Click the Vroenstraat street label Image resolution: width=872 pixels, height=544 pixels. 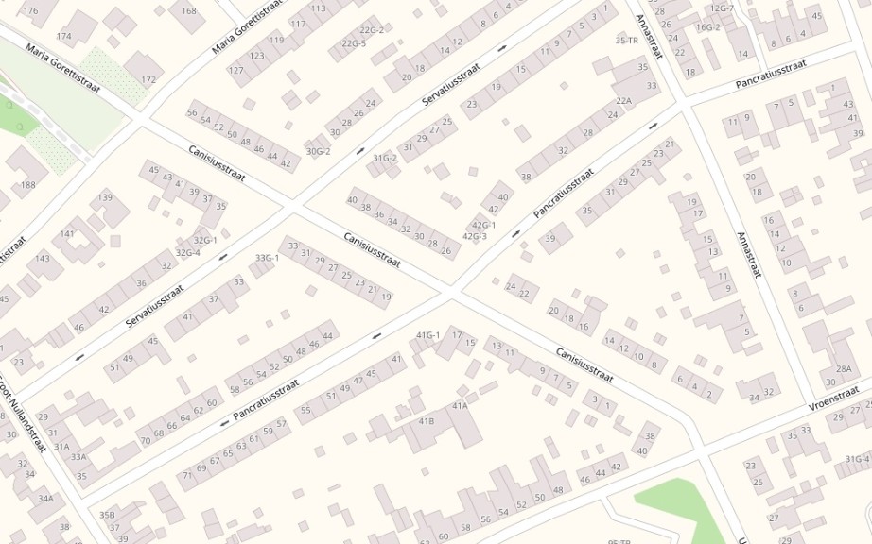pyautogui.click(x=838, y=397)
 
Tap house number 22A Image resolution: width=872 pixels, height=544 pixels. pyautogui.click(x=623, y=101)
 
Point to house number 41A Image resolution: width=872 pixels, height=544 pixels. pyautogui.click(x=460, y=406)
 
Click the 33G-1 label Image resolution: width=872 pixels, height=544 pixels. pyautogui.click(x=268, y=258)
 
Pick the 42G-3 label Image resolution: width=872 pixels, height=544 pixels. pyautogui.click(x=475, y=236)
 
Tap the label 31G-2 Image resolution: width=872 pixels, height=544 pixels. pyautogui.click(x=385, y=158)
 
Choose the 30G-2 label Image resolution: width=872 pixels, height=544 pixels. pyautogui.click(x=318, y=151)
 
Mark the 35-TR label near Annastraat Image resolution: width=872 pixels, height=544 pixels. pyautogui.click(x=626, y=41)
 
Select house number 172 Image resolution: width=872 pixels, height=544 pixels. pyautogui.click(x=148, y=80)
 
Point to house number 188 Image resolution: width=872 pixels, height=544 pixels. pyautogui.click(x=27, y=185)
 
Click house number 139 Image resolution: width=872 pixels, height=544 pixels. pyautogui.click(x=106, y=197)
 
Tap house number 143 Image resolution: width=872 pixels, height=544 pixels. pyautogui.click(x=43, y=259)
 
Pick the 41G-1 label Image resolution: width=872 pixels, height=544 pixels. pyautogui.click(x=429, y=335)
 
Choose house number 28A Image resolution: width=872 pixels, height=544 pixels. pyautogui.click(x=844, y=368)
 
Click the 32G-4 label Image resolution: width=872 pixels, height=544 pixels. pyautogui.click(x=188, y=252)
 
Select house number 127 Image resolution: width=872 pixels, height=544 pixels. pyautogui.click(x=235, y=71)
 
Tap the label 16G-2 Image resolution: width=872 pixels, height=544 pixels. pyautogui.click(x=708, y=27)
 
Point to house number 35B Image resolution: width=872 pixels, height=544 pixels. pyautogui.click(x=107, y=515)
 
